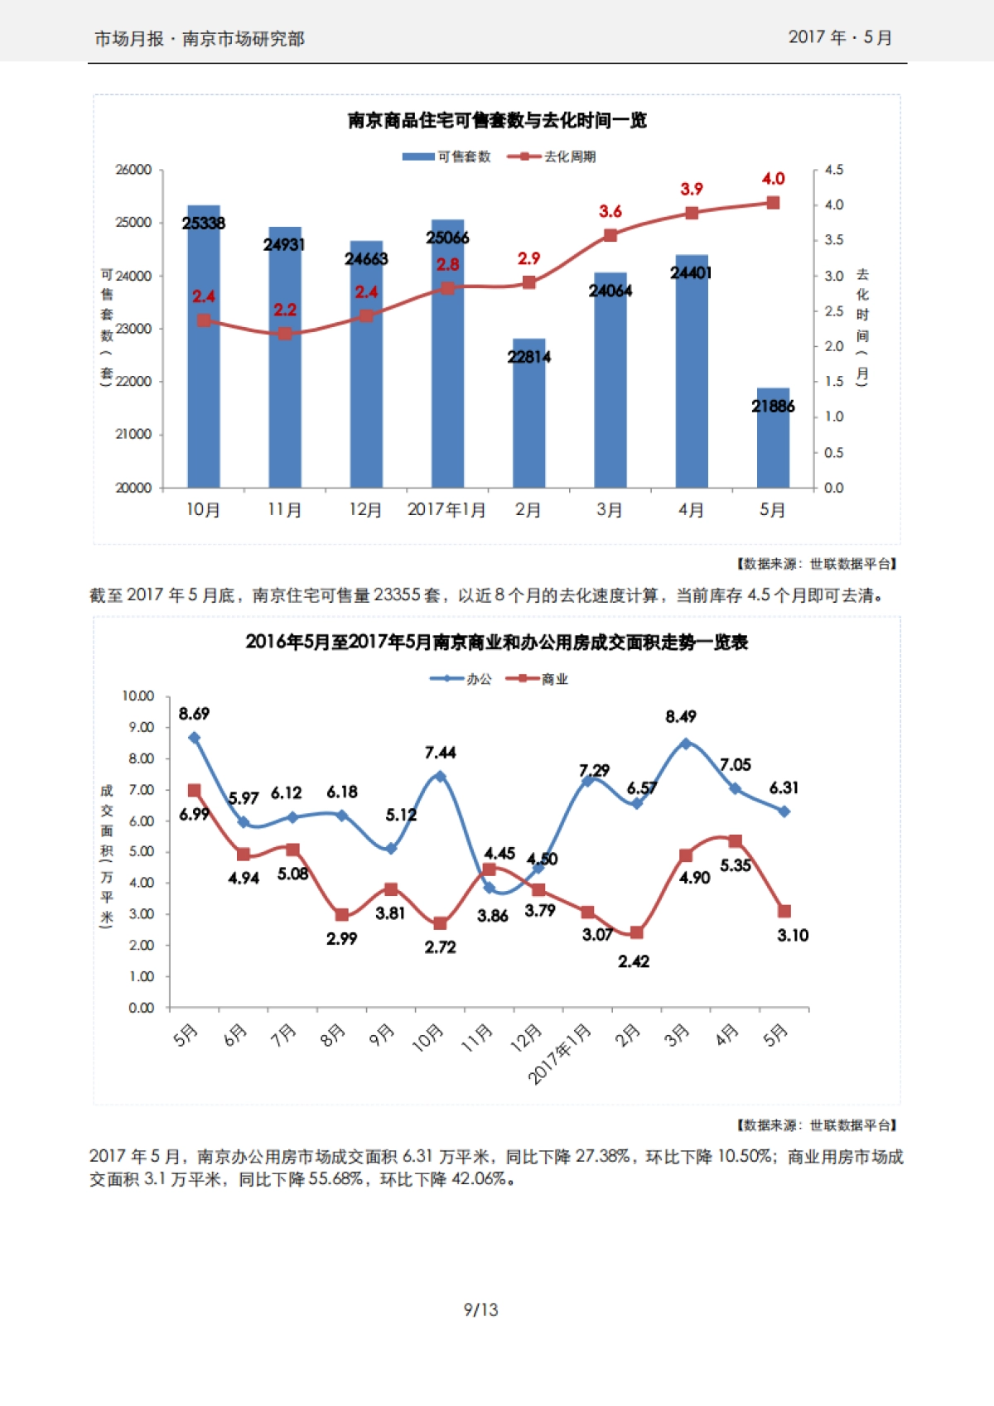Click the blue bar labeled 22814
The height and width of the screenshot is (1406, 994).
coord(528,414)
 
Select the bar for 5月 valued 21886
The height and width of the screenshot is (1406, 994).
coord(773,439)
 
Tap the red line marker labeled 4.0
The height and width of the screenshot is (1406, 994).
coord(773,203)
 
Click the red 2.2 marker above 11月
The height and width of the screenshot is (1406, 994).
coord(285,333)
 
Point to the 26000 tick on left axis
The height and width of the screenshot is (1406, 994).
coord(133,170)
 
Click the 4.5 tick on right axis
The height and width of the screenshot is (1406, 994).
coord(833,170)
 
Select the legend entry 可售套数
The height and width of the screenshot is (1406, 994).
coord(447,156)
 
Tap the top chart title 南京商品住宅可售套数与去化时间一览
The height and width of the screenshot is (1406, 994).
coord(497,121)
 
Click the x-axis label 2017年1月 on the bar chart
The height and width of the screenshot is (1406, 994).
coord(446,510)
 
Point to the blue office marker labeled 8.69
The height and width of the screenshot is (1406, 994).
coord(195,737)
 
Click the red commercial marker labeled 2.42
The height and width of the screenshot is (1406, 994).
coord(636,932)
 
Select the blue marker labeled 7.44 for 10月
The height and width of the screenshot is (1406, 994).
coord(440,777)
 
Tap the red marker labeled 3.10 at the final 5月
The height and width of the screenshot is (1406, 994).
coord(784,911)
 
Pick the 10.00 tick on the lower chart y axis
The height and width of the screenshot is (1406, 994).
coord(138,696)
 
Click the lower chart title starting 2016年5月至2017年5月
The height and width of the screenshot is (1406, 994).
coord(497,643)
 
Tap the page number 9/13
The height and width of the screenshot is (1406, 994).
coord(480,1310)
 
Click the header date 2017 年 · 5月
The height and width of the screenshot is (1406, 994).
coord(839,38)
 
